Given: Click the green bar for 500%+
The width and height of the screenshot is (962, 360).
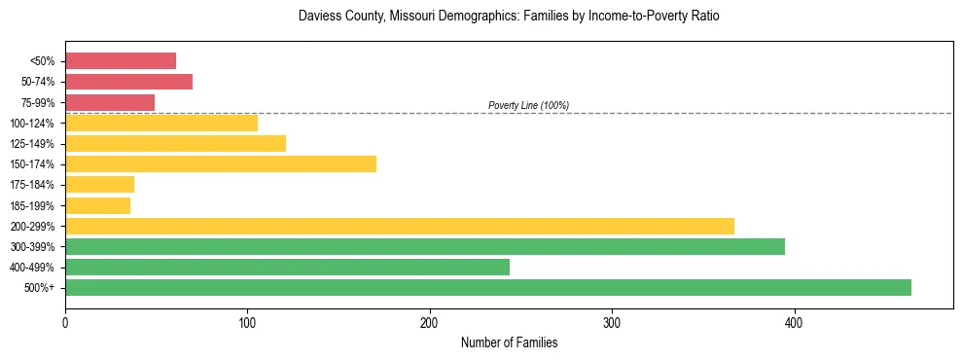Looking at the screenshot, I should (x=487, y=287).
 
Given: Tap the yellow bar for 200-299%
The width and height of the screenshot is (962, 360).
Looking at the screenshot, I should (x=399, y=226).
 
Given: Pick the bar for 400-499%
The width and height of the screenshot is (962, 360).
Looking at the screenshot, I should (x=287, y=267).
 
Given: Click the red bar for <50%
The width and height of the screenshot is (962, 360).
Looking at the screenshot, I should (x=120, y=61).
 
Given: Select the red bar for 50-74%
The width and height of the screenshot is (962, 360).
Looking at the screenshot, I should (x=128, y=82).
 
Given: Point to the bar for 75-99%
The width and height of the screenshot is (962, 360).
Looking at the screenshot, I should (x=109, y=102).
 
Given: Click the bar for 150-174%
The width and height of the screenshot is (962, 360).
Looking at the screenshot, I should (x=220, y=163).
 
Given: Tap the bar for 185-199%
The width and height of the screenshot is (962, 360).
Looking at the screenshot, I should (x=97, y=205).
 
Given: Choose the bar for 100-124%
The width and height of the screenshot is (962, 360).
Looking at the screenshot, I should (x=160, y=123).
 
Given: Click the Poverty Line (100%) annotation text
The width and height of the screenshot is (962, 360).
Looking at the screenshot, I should (x=528, y=105).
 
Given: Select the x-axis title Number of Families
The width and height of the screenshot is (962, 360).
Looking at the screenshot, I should (x=509, y=342).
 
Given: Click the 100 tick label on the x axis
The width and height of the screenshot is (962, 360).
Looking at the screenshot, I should (x=247, y=322).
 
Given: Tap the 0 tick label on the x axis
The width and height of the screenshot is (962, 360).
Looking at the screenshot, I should (x=65, y=322).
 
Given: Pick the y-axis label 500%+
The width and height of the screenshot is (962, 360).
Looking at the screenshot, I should (x=42, y=288).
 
